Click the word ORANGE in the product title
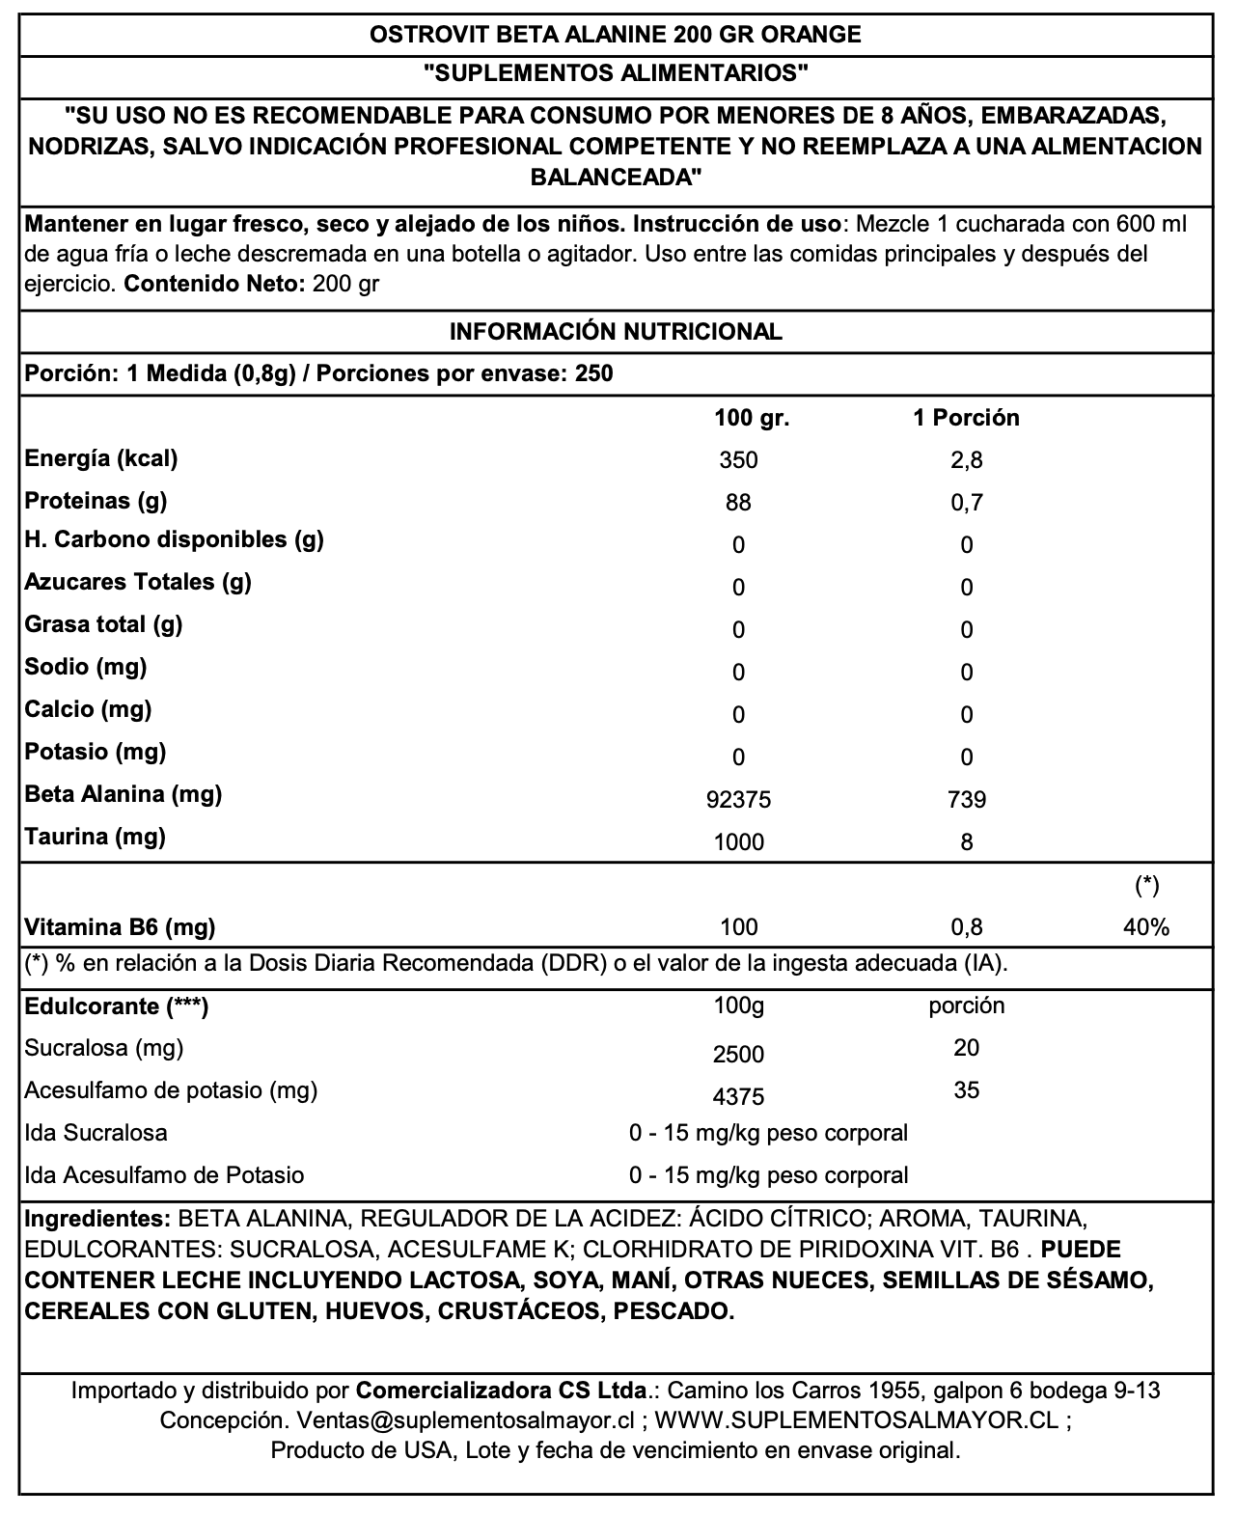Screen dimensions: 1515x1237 811,35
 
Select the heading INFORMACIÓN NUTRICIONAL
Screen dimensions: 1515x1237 616,332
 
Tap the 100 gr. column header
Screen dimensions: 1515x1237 752,418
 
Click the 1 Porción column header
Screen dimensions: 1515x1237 966,418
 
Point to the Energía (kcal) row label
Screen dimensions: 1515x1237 101,458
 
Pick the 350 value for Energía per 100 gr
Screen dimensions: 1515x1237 739,460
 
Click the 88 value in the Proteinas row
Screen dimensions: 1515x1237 739,503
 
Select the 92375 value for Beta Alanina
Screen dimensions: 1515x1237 739,800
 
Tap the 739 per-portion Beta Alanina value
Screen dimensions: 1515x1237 967,800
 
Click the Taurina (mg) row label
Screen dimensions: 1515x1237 96,837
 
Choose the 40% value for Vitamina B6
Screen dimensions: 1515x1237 1146,927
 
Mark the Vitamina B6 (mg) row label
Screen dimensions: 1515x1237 120,927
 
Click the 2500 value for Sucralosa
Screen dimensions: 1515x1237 739,1054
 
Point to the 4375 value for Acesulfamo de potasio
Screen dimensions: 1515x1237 739,1096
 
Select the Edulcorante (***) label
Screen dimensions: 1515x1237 117,1006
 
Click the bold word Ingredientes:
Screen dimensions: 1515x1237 97,1219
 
